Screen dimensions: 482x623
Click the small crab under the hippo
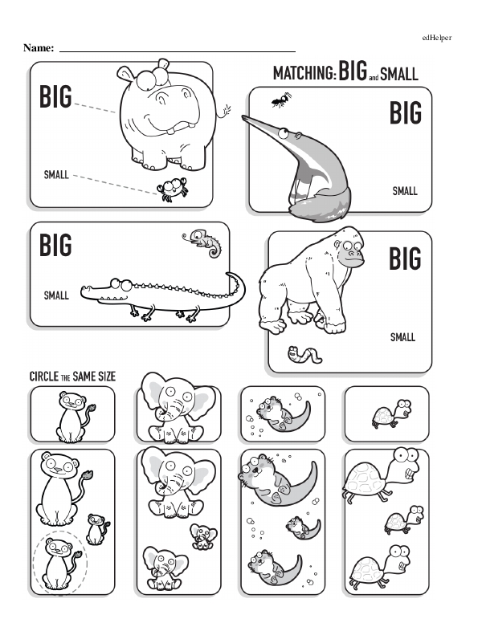pos(172,189)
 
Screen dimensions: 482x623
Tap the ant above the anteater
pos(281,100)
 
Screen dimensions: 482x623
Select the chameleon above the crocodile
pos(202,242)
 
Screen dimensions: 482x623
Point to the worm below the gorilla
pos(304,354)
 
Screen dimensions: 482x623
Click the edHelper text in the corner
pos(437,38)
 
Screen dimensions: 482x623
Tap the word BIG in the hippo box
pos(55,96)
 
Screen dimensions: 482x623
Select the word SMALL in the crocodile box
pos(56,295)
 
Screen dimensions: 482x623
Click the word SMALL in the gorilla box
pos(402,337)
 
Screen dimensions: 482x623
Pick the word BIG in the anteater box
pos(405,113)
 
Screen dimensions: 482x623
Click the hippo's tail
pos(223,112)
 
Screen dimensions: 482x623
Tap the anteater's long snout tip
pos(243,117)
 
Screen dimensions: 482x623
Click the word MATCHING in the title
pos(304,74)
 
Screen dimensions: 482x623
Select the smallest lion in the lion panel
pos(97,529)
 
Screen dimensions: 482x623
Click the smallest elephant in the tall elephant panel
pos(203,536)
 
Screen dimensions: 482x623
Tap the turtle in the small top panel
pos(392,413)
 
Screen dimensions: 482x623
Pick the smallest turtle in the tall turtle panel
pos(403,519)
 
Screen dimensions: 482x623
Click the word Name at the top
pos(39,48)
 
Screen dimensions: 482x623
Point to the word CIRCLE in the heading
pos(44,377)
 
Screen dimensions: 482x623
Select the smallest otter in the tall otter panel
pos(303,527)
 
